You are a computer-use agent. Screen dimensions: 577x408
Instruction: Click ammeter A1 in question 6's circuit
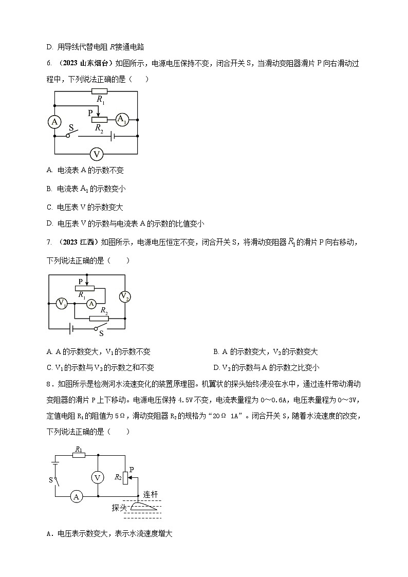pyautogui.click(x=121, y=120)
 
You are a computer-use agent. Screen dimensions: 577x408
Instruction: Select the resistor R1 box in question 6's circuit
pyautogui.click(x=99, y=91)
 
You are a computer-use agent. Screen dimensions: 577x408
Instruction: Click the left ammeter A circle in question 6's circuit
pyautogui.click(x=54, y=122)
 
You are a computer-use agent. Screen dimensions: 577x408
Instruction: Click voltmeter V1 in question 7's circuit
pyautogui.click(x=61, y=303)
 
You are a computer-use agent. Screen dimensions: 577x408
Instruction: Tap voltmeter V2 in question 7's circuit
pyautogui.click(x=125, y=296)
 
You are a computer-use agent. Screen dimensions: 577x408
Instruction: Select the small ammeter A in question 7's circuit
pyautogui.click(x=91, y=304)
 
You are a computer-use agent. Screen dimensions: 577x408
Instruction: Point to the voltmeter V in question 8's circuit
pyautogui.click(x=98, y=477)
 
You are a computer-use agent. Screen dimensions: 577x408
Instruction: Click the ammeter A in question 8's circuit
pyautogui.click(x=77, y=496)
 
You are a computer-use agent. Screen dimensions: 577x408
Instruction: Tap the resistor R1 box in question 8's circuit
pyautogui.click(x=79, y=455)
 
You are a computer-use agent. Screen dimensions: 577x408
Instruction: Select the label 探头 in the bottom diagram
pyautogui.click(x=119, y=508)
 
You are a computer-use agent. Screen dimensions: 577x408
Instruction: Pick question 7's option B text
pyautogui.click(x=265, y=352)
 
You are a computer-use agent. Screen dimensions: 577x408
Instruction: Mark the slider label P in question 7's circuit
pyautogui.click(x=81, y=281)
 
